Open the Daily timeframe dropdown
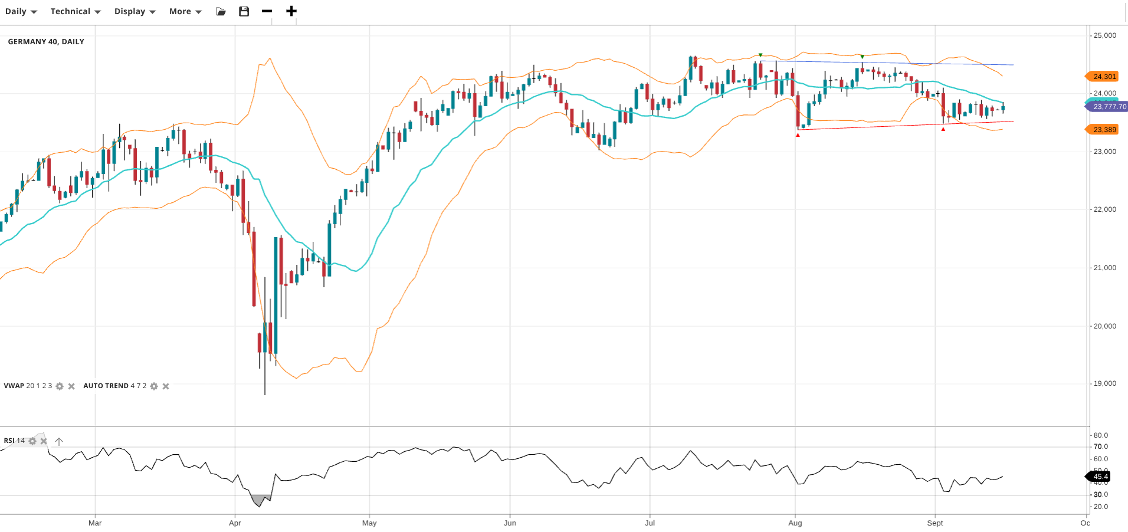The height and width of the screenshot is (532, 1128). [21, 11]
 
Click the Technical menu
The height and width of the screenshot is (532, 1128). [75, 11]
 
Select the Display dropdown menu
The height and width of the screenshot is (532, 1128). [135, 11]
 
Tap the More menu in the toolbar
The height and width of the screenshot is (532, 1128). [185, 11]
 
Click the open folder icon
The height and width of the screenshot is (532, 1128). [221, 11]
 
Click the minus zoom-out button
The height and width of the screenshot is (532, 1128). [267, 11]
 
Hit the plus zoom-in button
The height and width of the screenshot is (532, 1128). [291, 11]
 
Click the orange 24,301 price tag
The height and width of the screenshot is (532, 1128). [1104, 77]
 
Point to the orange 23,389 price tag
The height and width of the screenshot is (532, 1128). [1104, 130]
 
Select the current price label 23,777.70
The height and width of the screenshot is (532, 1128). [1109, 107]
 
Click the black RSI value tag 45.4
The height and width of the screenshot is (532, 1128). [1100, 477]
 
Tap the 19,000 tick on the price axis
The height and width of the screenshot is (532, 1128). [1104, 383]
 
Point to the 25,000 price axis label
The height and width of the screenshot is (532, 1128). [1104, 35]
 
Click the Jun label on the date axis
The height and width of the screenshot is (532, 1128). [510, 523]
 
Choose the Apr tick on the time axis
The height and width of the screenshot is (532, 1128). [235, 523]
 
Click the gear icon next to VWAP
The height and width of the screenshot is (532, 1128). [60, 386]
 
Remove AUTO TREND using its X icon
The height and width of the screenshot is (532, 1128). [166, 386]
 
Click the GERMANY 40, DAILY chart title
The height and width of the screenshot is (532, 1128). [46, 42]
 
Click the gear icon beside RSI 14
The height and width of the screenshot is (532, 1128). [32, 441]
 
